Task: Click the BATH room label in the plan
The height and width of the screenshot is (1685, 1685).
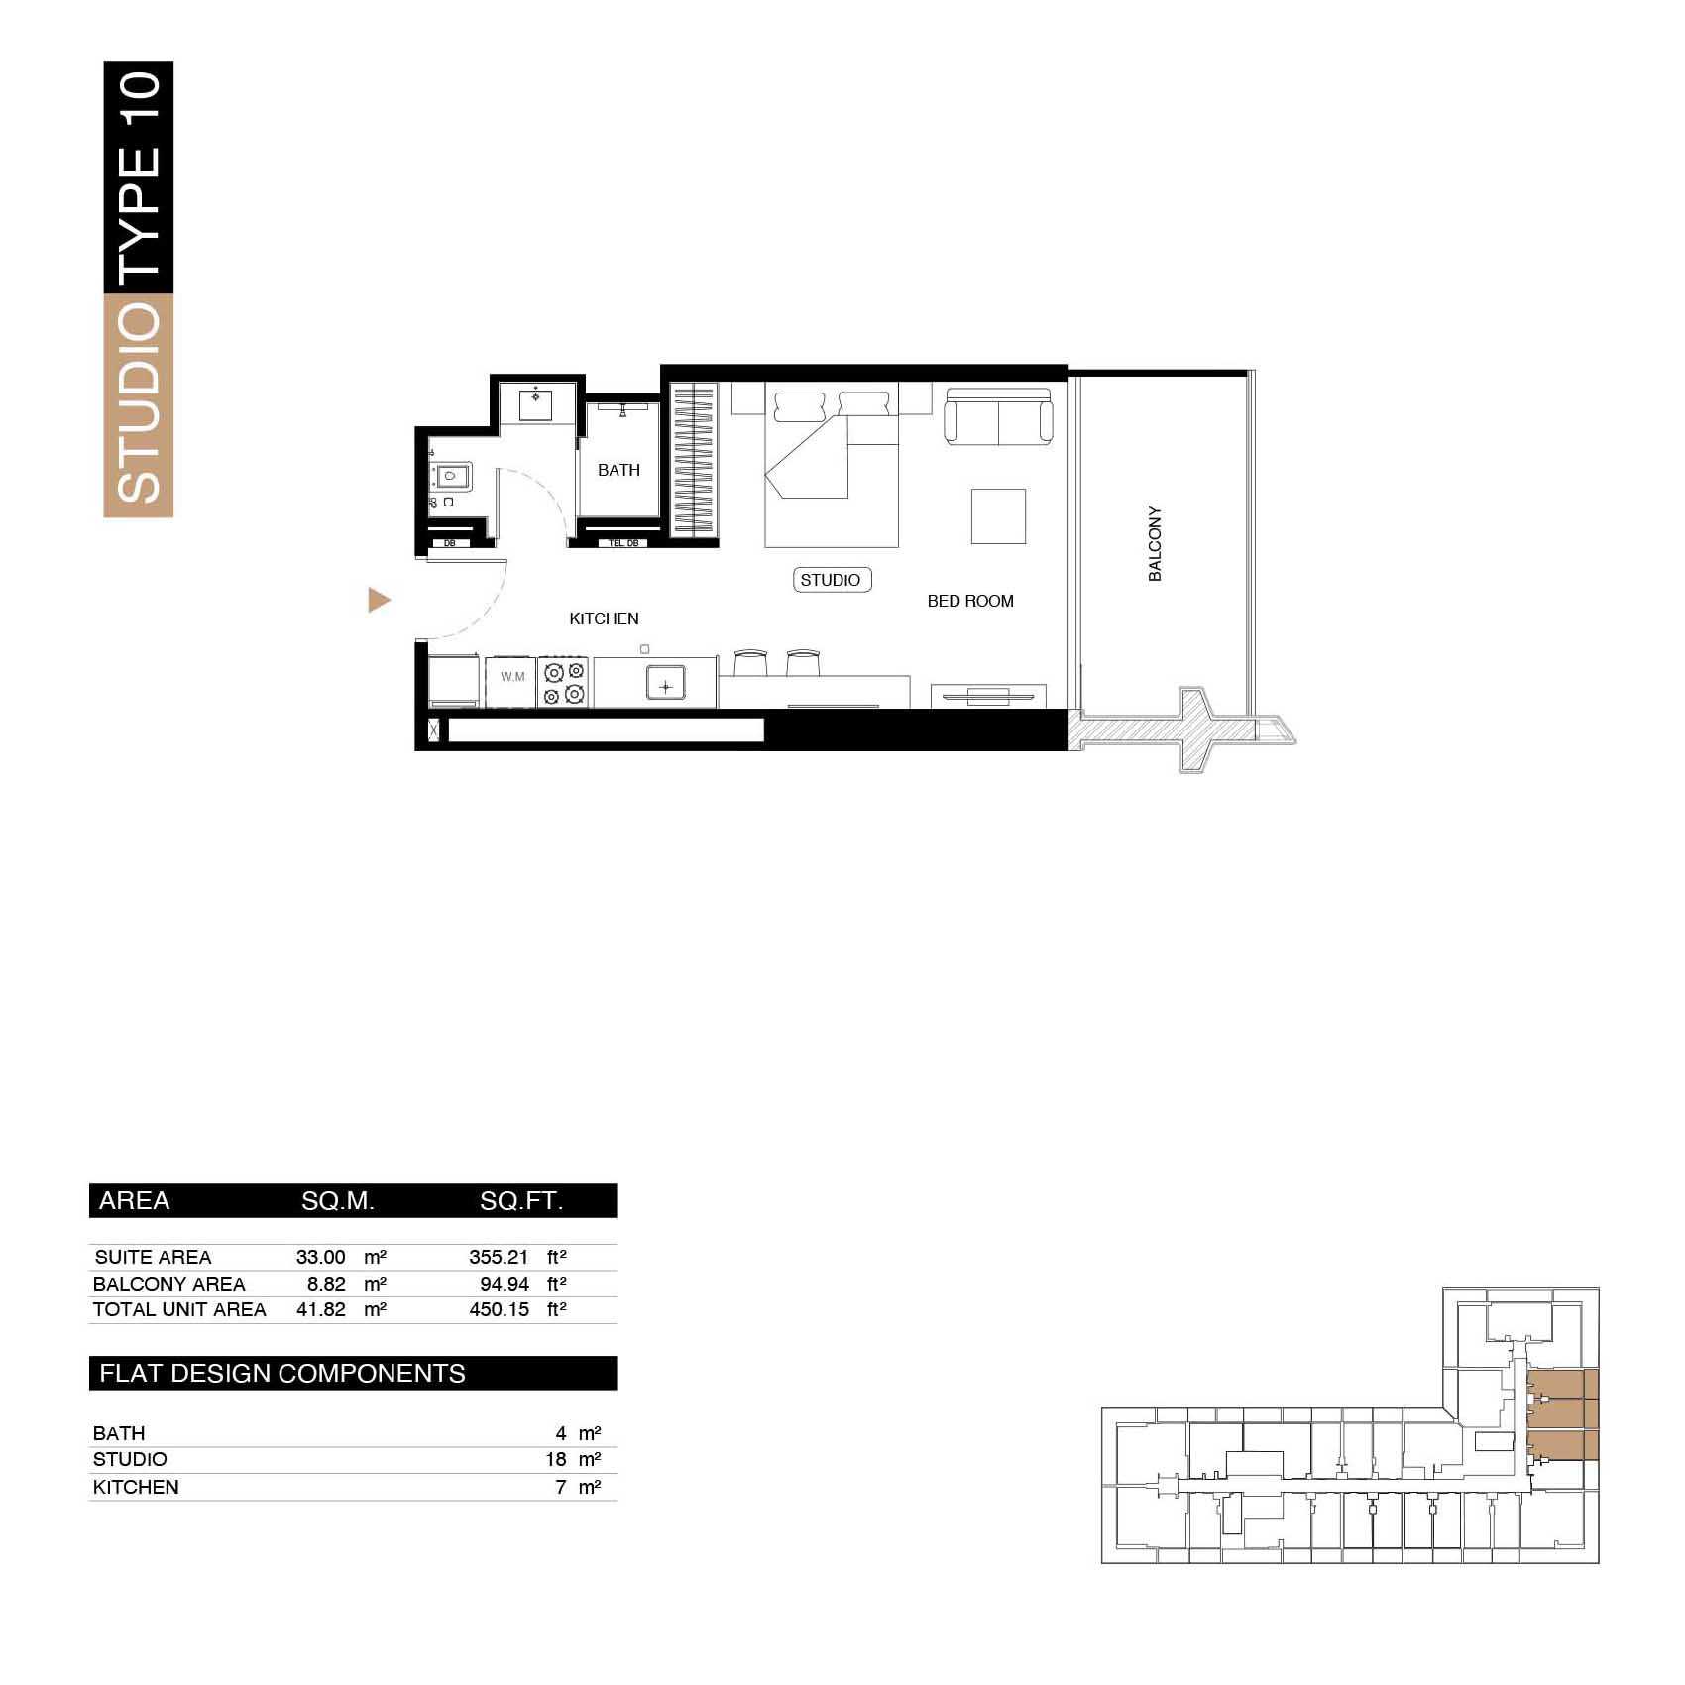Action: click(618, 470)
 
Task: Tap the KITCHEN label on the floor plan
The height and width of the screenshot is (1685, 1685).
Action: click(604, 618)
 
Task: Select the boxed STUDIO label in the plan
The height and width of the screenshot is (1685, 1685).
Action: click(831, 580)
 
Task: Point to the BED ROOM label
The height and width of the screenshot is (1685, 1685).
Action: click(970, 601)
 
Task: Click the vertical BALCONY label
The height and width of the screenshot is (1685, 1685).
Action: click(1155, 544)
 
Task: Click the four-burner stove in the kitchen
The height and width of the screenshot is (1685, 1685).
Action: click(565, 682)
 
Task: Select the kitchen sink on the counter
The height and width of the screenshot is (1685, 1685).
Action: click(666, 685)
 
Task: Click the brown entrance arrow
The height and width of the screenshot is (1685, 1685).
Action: click(379, 600)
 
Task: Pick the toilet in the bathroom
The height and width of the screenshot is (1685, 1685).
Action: click(451, 478)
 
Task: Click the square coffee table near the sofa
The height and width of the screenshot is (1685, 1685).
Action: click(998, 515)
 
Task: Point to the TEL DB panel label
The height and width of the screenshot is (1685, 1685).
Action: click(622, 543)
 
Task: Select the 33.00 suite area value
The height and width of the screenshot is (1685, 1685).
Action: click(320, 1257)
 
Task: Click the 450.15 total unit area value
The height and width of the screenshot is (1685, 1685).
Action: click(499, 1309)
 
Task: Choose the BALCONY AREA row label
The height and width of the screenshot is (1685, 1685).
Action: click(168, 1284)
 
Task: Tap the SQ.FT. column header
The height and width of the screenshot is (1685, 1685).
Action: click(521, 1201)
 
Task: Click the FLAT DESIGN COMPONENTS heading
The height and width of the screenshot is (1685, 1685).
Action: click(282, 1373)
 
